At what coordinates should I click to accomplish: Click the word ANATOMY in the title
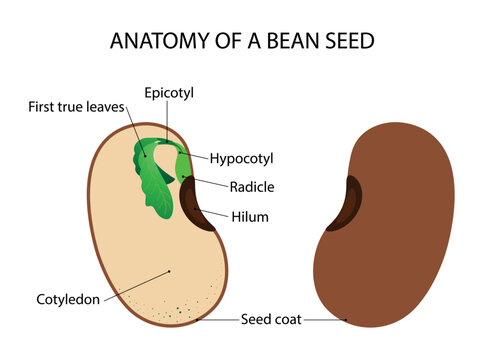(x=151, y=41)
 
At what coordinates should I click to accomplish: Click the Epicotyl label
(x=169, y=92)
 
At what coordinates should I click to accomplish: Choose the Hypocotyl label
(x=241, y=158)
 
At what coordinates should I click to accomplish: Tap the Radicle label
(x=252, y=186)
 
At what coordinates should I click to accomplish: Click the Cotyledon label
(x=69, y=298)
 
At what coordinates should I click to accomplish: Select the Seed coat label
(x=267, y=320)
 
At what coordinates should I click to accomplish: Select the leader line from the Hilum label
(x=218, y=215)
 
